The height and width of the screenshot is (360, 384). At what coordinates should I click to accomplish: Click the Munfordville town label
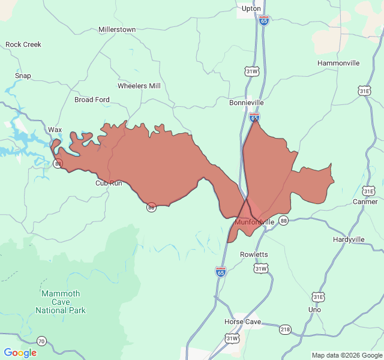[254, 222]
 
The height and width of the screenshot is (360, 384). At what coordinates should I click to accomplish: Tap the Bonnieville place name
[246, 103]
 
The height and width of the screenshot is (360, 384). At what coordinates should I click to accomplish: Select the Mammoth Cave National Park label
[60, 302]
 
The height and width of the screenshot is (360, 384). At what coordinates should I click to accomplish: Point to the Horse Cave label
[242, 322]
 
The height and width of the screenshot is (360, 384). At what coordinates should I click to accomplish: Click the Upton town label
[251, 8]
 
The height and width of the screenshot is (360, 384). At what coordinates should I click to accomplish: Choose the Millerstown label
[117, 29]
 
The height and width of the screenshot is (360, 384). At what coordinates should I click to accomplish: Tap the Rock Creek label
[23, 44]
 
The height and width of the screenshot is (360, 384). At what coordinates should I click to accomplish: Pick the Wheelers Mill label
[139, 86]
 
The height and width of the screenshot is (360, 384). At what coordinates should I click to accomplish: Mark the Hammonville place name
[338, 63]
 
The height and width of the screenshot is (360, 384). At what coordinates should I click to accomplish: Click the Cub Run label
[109, 183]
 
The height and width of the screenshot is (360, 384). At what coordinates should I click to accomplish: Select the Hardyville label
[349, 239]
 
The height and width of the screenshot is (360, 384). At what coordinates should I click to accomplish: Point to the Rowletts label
[254, 254]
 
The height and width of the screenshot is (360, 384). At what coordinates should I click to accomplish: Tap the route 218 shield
[285, 329]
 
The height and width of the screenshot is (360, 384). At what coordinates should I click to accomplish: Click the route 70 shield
[41, 341]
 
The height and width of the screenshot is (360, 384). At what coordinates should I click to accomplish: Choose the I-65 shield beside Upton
[264, 20]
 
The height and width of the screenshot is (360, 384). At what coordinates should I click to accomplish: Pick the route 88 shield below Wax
[58, 163]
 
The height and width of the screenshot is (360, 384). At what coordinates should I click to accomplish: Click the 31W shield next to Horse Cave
[232, 339]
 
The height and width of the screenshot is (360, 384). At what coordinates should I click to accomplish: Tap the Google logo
[20, 353]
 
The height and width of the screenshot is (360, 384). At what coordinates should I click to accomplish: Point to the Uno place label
[314, 310]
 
